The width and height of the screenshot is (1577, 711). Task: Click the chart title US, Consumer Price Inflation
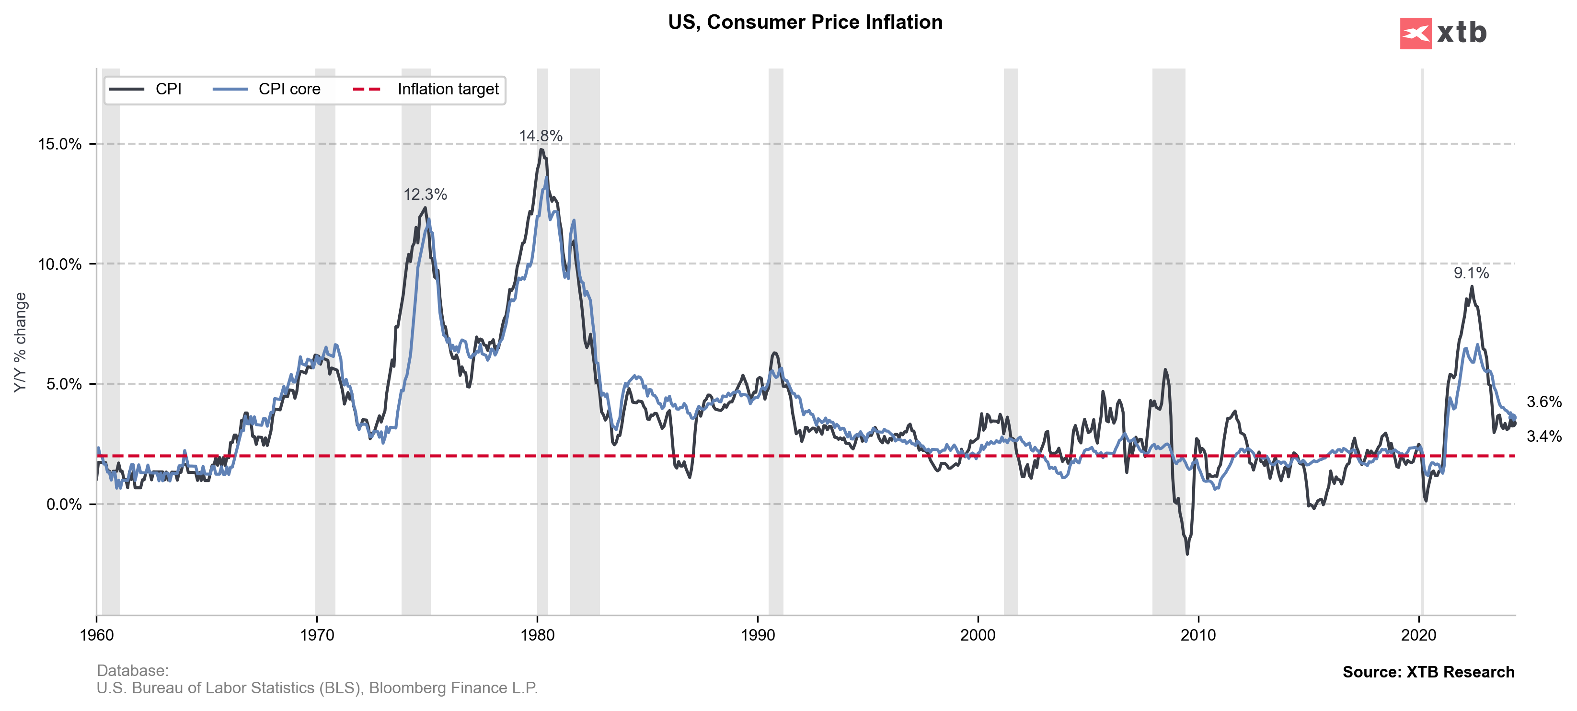(x=805, y=22)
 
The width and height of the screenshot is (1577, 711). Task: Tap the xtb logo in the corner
(x=1443, y=33)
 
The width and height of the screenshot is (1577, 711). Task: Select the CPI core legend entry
(x=289, y=89)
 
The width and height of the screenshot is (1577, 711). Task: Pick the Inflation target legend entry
(x=448, y=89)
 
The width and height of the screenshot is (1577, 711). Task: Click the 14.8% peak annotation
(x=541, y=136)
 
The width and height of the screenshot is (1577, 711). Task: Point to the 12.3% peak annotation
(x=425, y=195)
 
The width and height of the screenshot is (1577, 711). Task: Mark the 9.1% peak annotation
(x=1471, y=274)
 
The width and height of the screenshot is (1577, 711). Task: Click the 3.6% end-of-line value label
(x=1544, y=402)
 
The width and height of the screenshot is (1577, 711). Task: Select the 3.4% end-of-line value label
(x=1544, y=436)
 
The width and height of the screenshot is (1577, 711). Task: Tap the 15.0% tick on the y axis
(x=59, y=144)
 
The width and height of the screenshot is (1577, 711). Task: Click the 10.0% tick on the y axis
(x=59, y=264)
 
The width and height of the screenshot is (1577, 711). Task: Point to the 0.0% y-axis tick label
(x=64, y=504)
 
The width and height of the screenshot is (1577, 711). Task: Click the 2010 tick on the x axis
(x=1198, y=635)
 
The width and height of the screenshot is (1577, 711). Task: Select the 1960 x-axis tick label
(x=97, y=635)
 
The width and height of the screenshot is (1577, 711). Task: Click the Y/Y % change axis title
(x=20, y=342)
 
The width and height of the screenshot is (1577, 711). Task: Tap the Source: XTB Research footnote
(x=1428, y=672)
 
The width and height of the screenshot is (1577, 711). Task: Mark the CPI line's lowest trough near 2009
(x=1187, y=554)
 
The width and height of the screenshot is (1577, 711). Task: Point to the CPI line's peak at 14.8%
(x=541, y=150)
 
